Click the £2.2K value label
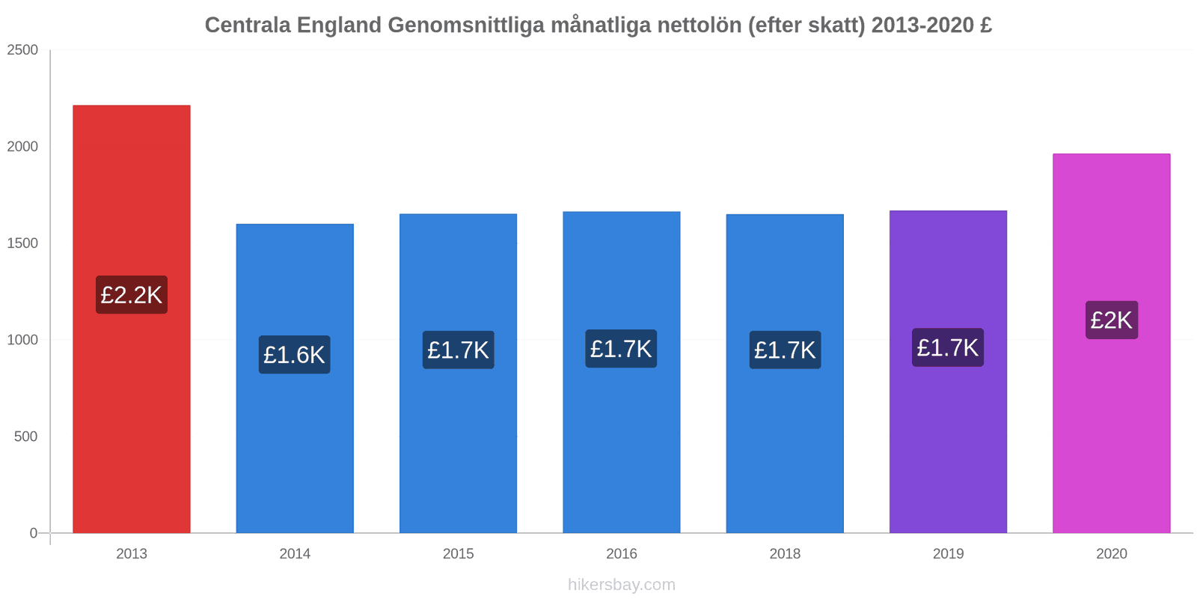point(132,295)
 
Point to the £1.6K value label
point(295,355)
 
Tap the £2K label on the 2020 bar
point(1112,320)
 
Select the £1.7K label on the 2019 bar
point(948,347)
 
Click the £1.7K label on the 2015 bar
point(458,350)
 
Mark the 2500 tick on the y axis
point(22,50)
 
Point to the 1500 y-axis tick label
point(22,243)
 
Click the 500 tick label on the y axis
point(25,437)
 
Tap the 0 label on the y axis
point(33,533)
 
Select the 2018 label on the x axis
point(785,554)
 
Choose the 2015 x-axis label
point(458,554)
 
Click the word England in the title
point(340,25)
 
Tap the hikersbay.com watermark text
point(622,585)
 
